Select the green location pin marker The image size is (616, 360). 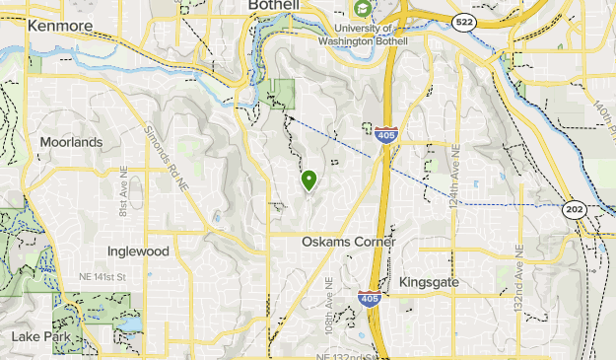pyautogui.click(x=308, y=180)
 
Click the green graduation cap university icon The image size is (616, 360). pyautogui.click(x=364, y=9)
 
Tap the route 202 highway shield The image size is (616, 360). pyautogui.click(x=574, y=209)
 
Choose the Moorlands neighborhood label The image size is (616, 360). pyautogui.click(x=71, y=142)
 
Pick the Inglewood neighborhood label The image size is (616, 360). pyautogui.click(x=138, y=252)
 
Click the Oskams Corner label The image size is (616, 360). pyautogui.click(x=348, y=242)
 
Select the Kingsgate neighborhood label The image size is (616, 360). pyautogui.click(x=430, y=283)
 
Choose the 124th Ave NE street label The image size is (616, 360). pyautogui.click(x=456, y=167)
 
